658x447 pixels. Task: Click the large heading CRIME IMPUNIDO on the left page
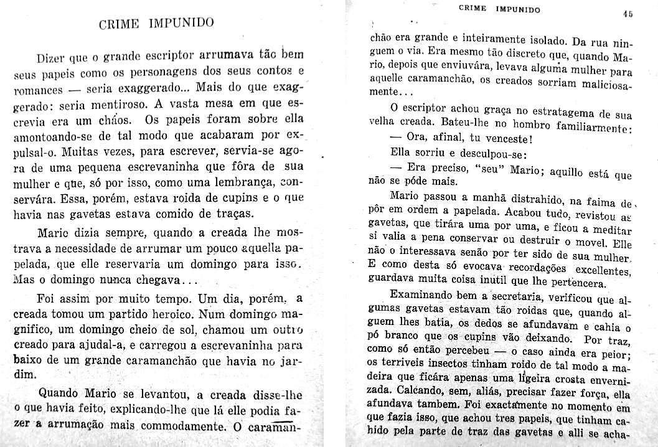click(156, 24)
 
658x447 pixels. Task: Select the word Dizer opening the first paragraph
click(50, 60)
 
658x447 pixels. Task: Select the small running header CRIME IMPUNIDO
click(499, 9)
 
